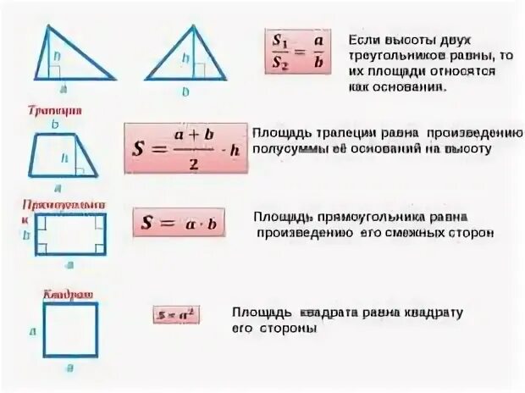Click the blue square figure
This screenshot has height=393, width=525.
[70, 329]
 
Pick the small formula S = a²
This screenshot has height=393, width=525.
[176, 314]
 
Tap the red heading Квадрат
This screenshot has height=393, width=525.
[68, 293]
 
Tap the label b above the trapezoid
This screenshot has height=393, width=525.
[54, 125]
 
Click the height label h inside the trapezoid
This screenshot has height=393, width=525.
[64, 156]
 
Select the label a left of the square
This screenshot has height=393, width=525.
[32, 332]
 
